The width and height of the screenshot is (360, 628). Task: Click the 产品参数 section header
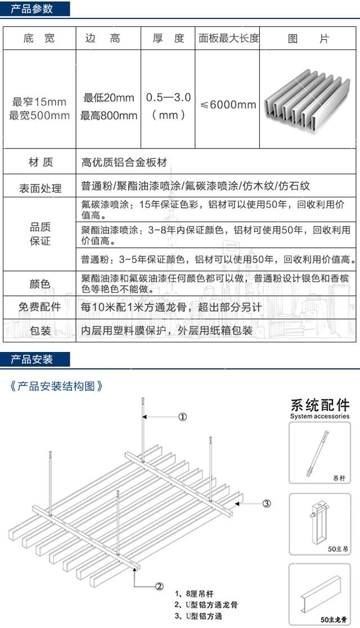(32, 8)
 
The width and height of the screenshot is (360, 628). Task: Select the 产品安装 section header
(32, 359)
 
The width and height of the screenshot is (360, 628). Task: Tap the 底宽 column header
(39, 39)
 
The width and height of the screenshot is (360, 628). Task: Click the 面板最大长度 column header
(229, 39)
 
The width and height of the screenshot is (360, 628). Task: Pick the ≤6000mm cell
(228, 105)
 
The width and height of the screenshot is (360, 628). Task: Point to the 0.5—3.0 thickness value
(168, 98)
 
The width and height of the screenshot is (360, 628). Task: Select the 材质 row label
(40, 162)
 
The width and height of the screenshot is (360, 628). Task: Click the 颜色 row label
(39, 284)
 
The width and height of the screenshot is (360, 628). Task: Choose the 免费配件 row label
(39, 308)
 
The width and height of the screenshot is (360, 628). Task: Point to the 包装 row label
(39, 330)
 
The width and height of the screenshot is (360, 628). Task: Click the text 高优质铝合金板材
(124, 162)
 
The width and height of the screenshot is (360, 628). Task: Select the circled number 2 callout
(159, 586)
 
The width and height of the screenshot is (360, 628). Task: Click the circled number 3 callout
(267, 503)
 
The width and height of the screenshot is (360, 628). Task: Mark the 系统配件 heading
(319, 405)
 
